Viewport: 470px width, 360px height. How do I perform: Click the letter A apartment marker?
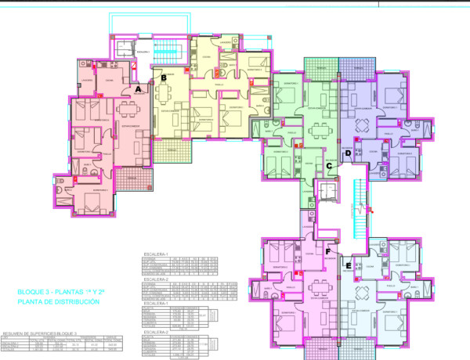(138, 89)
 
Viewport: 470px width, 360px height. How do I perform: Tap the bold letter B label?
(164, 77)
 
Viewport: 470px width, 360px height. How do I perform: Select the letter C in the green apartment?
(330, 165)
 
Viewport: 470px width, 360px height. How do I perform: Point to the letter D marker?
(348, 153)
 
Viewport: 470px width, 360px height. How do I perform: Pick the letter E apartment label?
(348, 266)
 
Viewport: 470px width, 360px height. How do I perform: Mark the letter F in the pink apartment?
(330, 252)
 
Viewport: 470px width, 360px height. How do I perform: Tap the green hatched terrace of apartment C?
(319, 67)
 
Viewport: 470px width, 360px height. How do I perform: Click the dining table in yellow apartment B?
(165, 95)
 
